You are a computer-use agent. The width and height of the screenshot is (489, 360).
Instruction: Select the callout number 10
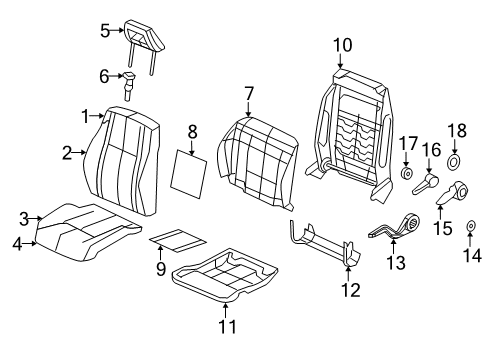[x=342, y=44]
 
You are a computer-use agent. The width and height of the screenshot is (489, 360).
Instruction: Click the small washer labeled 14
[x=470, y=230]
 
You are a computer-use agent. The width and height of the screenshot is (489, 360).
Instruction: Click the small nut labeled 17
[x=408, y=173]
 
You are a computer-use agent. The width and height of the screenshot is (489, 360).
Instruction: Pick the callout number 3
[x=23, y=217]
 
